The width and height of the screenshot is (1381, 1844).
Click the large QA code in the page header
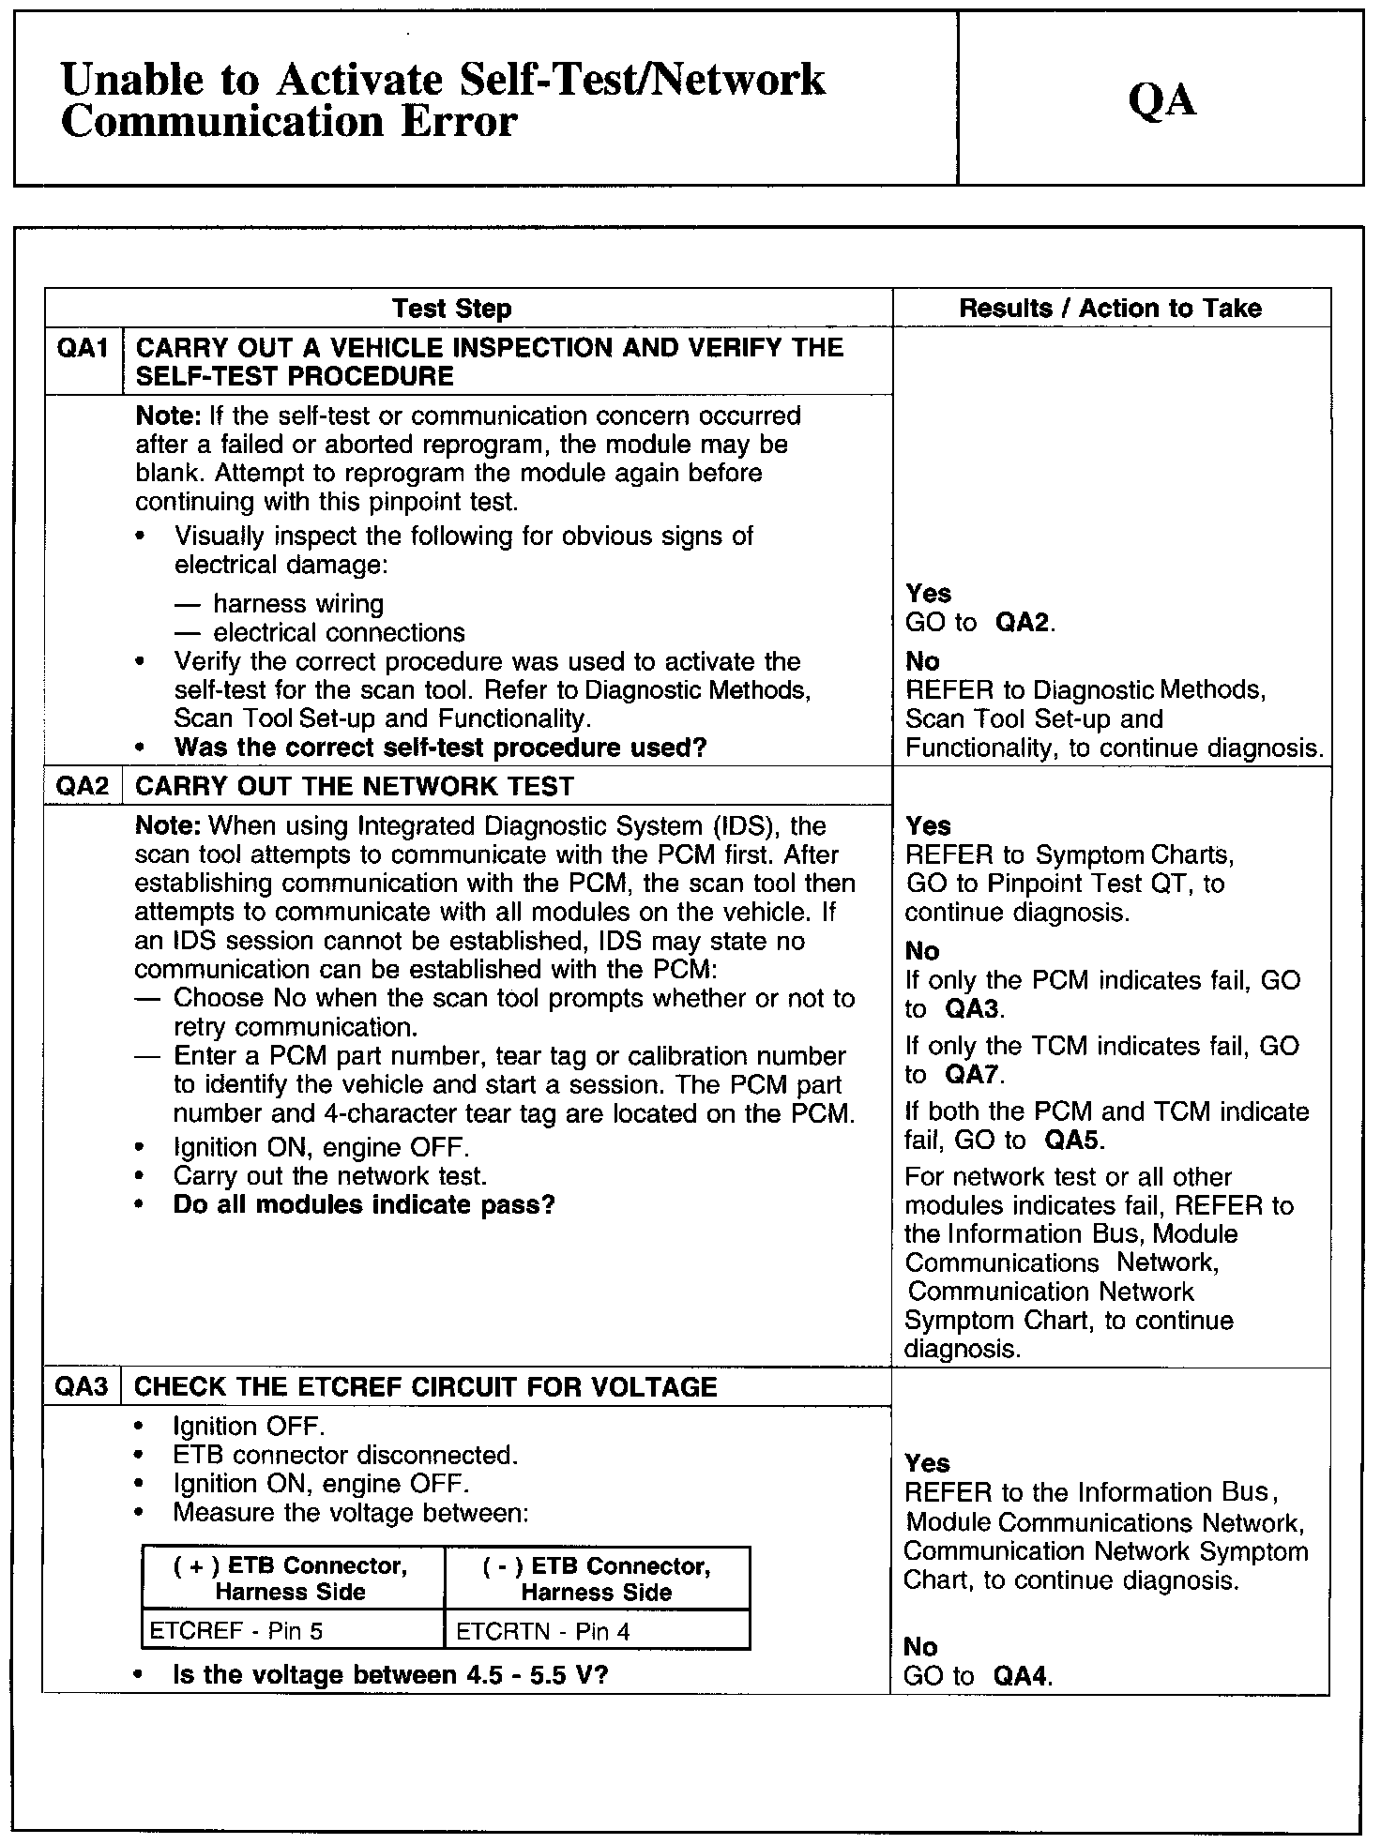click(1162, 99)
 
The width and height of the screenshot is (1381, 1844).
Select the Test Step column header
click(451, 309)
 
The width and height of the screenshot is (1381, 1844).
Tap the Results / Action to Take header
click(1110, 309)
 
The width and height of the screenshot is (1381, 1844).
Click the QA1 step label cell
click(83, 349)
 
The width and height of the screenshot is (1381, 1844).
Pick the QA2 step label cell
click(83, 786)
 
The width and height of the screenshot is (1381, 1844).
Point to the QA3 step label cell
click(82, 1387)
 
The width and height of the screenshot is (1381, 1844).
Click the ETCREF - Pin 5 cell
click(236, 1631)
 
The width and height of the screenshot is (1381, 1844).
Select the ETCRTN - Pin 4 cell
click(543, 1631)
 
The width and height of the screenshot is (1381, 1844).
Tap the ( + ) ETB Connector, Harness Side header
click(291, 1579)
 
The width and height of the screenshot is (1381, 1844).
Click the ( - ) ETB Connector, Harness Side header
click(597, 1579)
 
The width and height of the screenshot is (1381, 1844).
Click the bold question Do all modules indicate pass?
click(364, 1204)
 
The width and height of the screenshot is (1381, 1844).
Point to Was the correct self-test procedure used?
click(440, 748)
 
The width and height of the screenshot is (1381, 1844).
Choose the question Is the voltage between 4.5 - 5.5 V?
click(390, 1674)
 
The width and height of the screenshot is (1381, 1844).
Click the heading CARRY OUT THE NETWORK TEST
click(355, 786)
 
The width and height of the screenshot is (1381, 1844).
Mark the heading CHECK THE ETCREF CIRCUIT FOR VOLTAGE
click(426, 1387)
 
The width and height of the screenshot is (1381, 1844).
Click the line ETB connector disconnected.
click(345, 1455)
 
